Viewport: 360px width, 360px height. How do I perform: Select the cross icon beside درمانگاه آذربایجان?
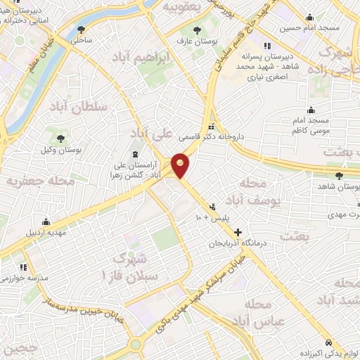tap(238, 231)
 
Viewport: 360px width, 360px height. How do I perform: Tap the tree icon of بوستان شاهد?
tap(340, 176)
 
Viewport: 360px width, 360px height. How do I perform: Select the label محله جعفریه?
tap(32, 181)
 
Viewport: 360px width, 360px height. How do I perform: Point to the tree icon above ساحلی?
tap(82, 30)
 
